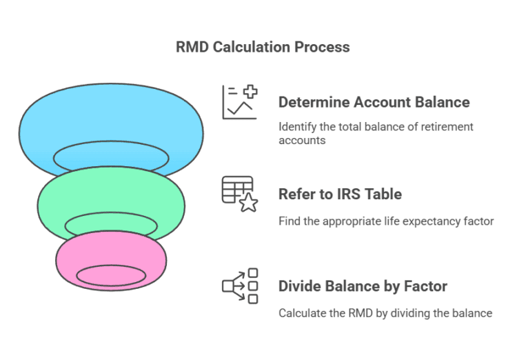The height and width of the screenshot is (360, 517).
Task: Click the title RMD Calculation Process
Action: pos(263,48)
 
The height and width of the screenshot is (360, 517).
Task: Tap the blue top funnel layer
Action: pos(110,117)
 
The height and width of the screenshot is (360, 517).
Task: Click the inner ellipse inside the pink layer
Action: pos(111,276)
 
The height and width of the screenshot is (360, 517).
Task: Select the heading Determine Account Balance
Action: pos(374,103)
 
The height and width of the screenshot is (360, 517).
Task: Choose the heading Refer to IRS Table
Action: pos(340,194)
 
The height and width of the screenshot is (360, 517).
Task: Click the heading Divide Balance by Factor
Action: pos(363,286)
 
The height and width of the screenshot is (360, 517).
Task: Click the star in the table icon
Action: pos(248,203)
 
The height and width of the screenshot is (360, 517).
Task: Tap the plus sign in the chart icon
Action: pos(250,92)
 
